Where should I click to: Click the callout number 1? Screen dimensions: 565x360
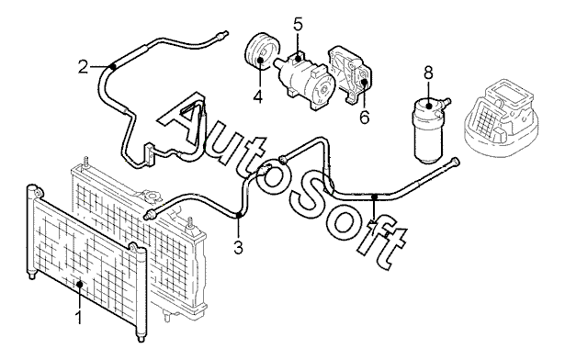coord(79,318)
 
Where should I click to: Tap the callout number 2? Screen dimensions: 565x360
coord(84,67)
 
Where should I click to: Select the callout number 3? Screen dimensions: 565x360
coord(238,248)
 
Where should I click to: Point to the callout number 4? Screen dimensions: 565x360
coord(257,96)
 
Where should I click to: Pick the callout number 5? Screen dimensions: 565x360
coord(298,24)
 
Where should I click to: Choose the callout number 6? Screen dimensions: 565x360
coord(365,117)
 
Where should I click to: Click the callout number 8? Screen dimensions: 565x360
coord(428,73)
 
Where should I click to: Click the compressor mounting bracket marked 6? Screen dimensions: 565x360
coord(350,75)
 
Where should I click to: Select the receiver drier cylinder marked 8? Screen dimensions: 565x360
coord(428,132)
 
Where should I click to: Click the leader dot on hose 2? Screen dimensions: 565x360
coord(113,66)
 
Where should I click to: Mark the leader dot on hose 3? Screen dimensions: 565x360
coord(238,215)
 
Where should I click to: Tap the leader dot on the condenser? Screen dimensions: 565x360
coord(80,285)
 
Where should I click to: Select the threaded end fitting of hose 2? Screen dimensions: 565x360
coord(221,35)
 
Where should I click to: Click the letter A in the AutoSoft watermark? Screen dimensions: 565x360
coord(182,120)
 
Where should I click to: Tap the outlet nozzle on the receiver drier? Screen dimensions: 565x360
coord(446,102)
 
